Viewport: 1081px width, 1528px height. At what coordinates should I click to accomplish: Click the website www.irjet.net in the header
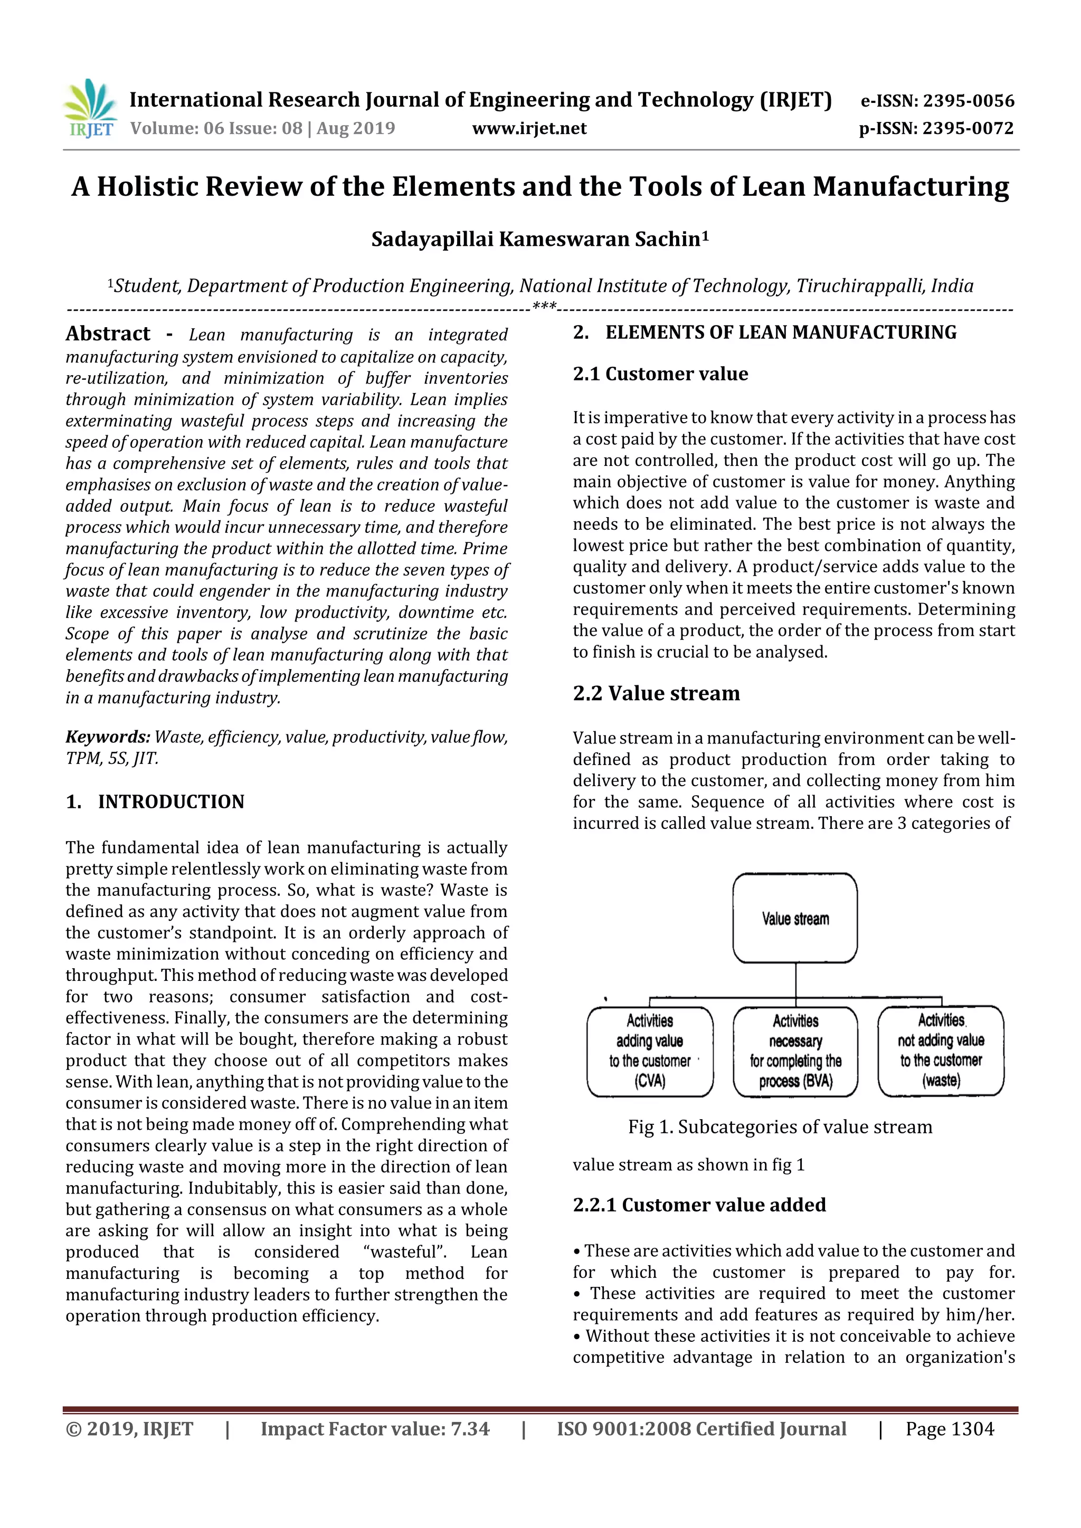click(529, 128)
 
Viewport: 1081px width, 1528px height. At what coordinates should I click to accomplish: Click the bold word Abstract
click(108, 333)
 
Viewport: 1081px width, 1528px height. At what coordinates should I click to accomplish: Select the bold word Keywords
click(107, 737)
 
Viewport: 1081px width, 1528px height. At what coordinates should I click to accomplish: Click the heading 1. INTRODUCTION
click(155, 801)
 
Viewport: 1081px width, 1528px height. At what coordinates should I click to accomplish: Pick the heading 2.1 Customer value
click(660, 374)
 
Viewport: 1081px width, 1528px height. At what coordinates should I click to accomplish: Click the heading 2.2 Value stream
click(656, 693)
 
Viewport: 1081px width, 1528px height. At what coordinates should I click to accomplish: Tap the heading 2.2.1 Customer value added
click(699, 1205)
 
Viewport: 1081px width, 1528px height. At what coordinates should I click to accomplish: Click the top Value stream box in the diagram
click(795, 919)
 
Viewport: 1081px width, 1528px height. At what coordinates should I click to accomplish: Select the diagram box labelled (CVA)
click(650, 1051)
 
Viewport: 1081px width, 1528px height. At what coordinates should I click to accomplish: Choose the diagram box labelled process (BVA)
click(795, 1051)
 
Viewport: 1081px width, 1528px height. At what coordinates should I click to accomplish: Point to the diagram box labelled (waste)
click(941, 1051)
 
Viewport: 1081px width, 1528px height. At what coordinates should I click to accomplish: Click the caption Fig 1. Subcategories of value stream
click(780, 1126)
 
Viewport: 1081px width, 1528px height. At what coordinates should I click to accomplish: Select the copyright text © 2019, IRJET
click(129, 1429)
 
